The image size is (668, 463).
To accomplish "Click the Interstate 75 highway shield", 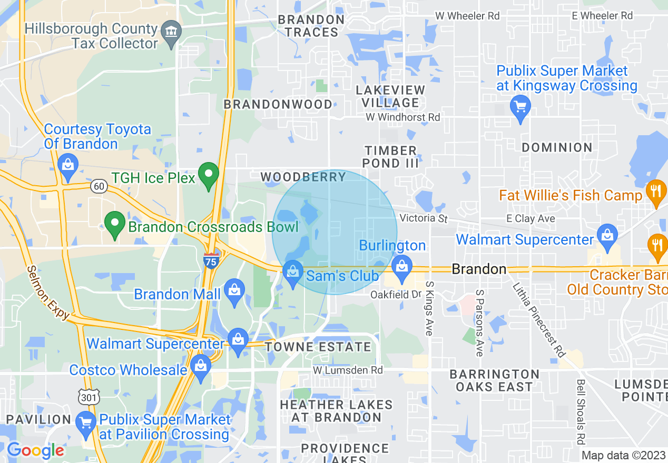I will coord(211,260).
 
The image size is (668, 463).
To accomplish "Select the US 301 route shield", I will coord(88,396).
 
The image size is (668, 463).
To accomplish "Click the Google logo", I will coord(35,450).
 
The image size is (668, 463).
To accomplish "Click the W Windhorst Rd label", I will coord(403,117).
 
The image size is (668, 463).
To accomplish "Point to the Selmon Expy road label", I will coord(48,292).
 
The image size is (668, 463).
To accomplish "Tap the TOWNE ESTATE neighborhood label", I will coord(318,347).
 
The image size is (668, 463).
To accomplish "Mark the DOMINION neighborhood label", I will coord(557,147).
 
